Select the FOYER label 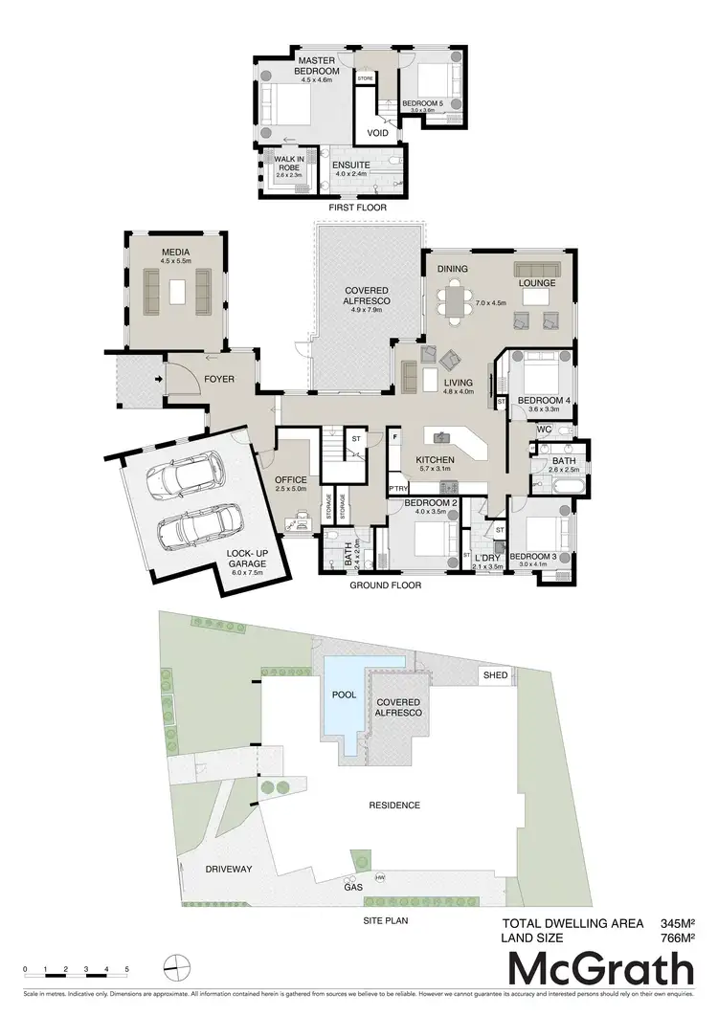coord(219,380)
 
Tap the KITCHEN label coord(435,460)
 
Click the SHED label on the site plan coord(495,674)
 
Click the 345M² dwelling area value coord(677,923)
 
